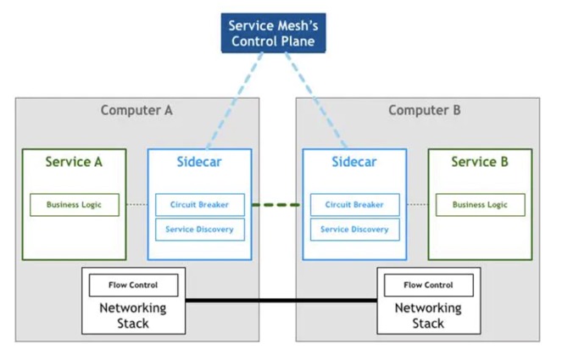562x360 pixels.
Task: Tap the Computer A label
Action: pyautogui.click(x=136, y=110)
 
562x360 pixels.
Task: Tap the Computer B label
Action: pyautogui.click(x=424, y=110)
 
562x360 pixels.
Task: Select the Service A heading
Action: pyautogui.click(x=74, y=162)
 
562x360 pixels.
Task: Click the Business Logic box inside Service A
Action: pyautogui.click(x=75, y=205)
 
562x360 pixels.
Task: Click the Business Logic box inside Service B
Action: pyautogui.click(x=480, y=205)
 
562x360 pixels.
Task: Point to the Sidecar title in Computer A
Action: pyautogui.click(x=200, y=162)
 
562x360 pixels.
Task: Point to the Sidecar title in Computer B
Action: pyautogui.click(x=353, y=162)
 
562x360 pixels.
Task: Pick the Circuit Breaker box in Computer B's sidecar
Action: pyautogui.click(x=354, y=205)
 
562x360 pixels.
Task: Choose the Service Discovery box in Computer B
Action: pyautogui.click(x=354, y=230)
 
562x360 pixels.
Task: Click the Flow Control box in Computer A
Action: pyautogui.click(x=132, y=285)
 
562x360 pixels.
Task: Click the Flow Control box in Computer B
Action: pyautogui.click(x=428, y=285)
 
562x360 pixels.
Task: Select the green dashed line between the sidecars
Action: pyautogui.click(x=276, y=205)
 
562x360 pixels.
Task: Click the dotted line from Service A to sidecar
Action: pyautogui.click(x=135, y=205)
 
